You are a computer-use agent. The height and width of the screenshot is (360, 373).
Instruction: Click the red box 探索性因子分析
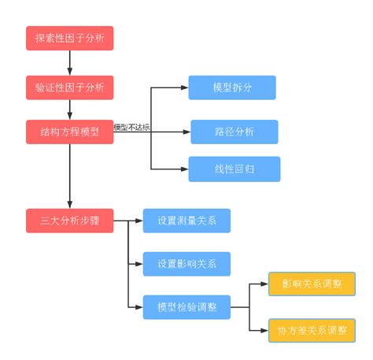pyautogui.click(x=69, y=38)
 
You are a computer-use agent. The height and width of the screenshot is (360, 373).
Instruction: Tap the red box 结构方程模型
pyautogui.click(x=69, y=131)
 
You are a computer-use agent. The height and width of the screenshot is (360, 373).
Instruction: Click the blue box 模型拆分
pyautogui.click(x=232, y=87)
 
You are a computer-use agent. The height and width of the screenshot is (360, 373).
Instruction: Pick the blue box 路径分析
pyautogui.click(x=234, y=132)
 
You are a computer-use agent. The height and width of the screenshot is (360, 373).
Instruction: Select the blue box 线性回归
pyautogui.click(x=234, y=169)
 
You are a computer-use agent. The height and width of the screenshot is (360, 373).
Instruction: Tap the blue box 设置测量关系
pyautogui.click(x=186, y=221)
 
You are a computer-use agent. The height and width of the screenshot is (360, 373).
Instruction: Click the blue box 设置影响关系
pyautogui.click(x=186, y=264)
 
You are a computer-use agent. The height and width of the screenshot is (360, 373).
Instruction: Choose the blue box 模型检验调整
pyautogui.click(x=186, y=307)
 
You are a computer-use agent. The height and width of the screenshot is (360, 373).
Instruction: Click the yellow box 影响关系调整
pyautogui.click(x=312, y=284)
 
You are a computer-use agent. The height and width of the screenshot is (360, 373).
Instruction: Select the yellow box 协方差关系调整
pyautogui.click(x=312, y=329)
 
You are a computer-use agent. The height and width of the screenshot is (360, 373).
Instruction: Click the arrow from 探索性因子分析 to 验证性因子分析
pyautogui.click(x=69, y=61)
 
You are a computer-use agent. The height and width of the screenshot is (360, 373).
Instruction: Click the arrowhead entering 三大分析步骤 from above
pyautogui.click(x=69, y=203)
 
